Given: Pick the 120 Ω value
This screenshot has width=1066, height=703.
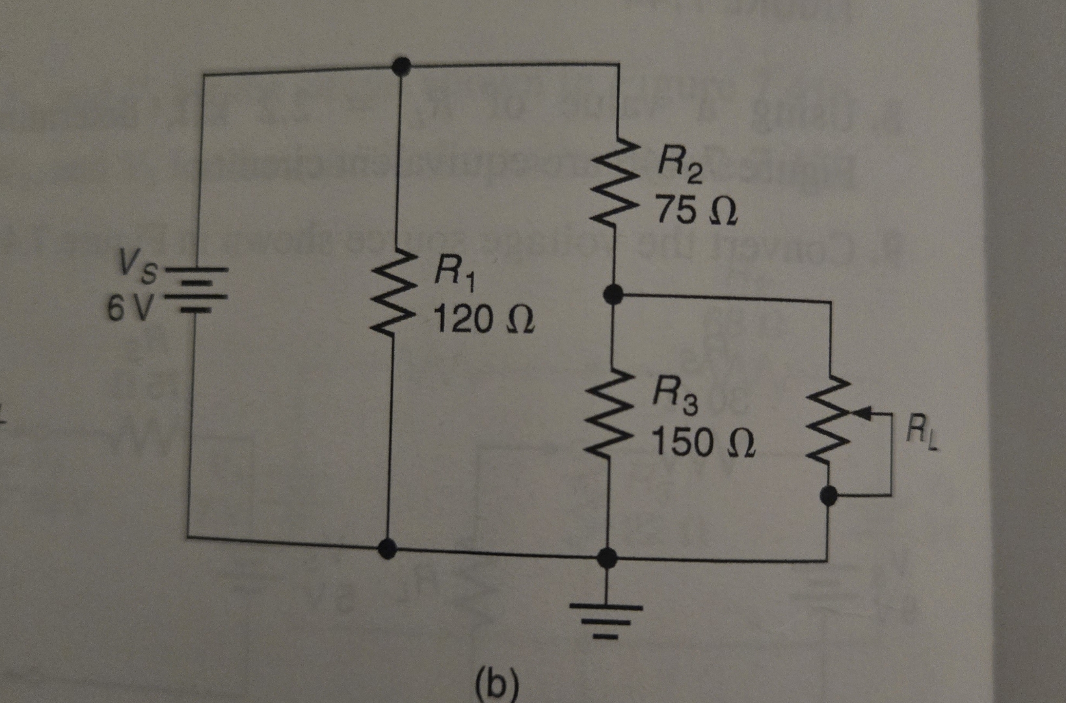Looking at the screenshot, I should tap(483, 320).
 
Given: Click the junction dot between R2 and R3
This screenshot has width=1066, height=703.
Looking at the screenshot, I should tap(613, 294).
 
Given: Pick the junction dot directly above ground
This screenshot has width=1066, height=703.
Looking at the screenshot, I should tap(607, 558).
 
